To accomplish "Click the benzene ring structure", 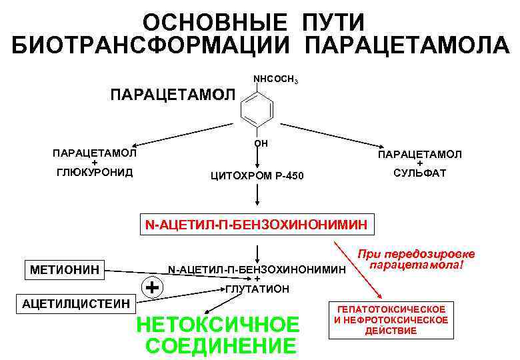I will (257, 107).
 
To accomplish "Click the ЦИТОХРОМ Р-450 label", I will (257, 176).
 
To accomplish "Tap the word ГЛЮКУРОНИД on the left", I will (94, 172).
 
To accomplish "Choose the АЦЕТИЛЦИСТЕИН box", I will (77, 304).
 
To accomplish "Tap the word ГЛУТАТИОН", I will (257, 289).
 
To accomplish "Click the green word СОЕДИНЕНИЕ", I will (220, 347).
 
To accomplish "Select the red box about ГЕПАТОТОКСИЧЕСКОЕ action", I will (391, 320).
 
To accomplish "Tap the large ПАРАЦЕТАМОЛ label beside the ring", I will (172, 93).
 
